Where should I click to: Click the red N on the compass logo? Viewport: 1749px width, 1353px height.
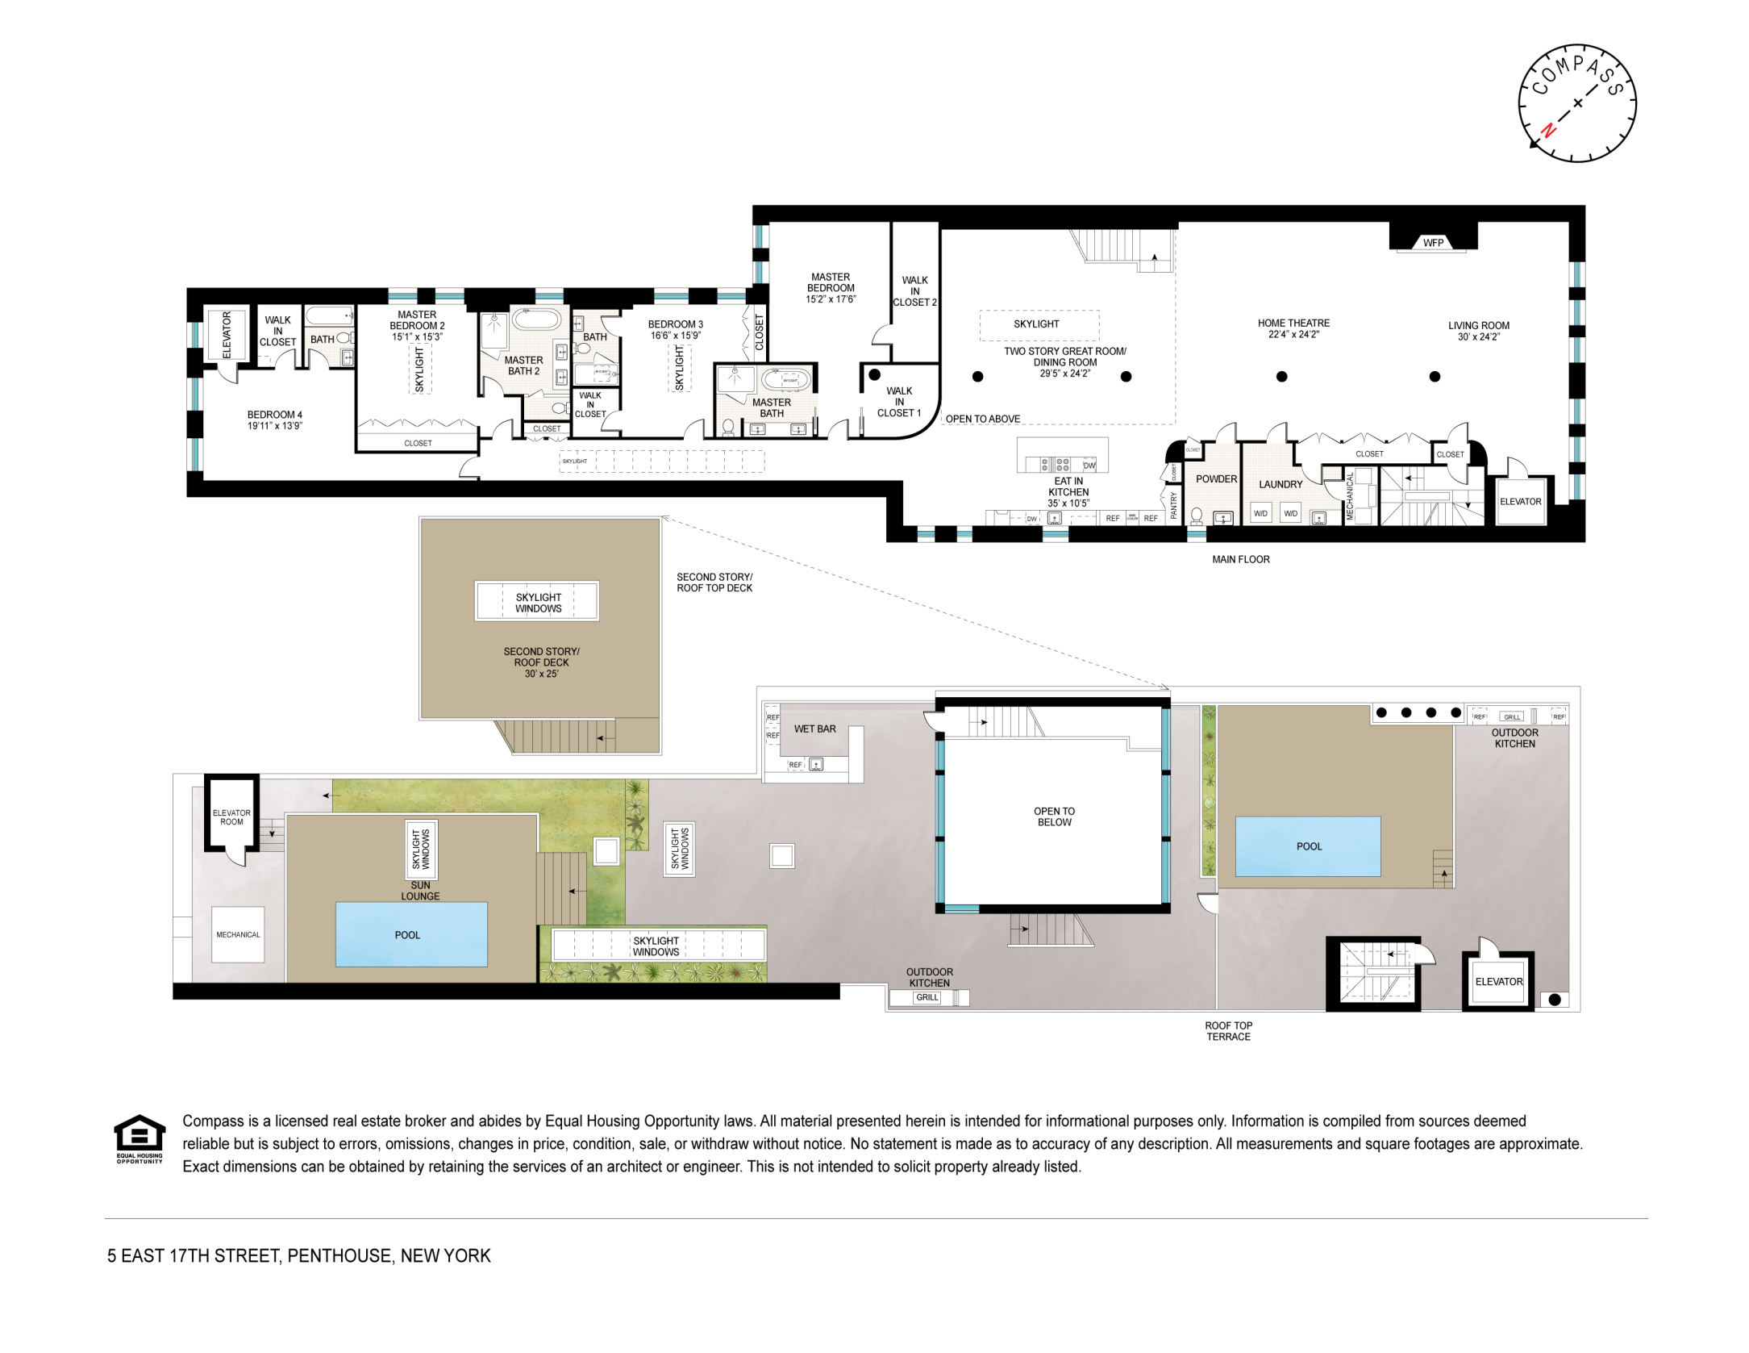[1547, 130]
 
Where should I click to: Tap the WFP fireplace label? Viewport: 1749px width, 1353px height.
[1433, 243]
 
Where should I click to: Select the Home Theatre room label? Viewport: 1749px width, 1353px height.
[1293, 323]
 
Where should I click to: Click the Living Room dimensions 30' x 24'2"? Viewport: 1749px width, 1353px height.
[1478, 337]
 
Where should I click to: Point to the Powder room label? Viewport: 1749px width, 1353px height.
[1216, 479]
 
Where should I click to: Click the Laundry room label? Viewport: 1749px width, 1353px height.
[1281, 485]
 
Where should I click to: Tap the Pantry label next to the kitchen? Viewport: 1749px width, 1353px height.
[1174, 505]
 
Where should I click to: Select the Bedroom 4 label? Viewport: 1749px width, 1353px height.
[274, 415]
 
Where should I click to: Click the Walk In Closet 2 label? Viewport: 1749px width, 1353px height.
[914, 291]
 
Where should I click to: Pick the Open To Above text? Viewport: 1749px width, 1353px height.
[982, 419]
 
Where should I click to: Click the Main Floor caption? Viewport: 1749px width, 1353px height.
[1240, 559]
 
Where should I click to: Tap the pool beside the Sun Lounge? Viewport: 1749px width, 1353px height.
[410, 935]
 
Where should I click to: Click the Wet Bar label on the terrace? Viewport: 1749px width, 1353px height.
[814, 729]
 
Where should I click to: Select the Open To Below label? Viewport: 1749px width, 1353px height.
[1054, 816]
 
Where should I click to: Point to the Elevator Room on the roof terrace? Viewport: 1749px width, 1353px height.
[231, 817]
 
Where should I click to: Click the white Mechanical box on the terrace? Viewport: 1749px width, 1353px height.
[238, 934]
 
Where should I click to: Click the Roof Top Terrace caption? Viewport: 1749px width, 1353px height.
[1228, 1031]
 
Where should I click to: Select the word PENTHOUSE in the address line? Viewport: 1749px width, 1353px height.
[339, 1255]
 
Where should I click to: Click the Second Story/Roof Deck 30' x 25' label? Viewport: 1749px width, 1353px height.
[541, 662]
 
